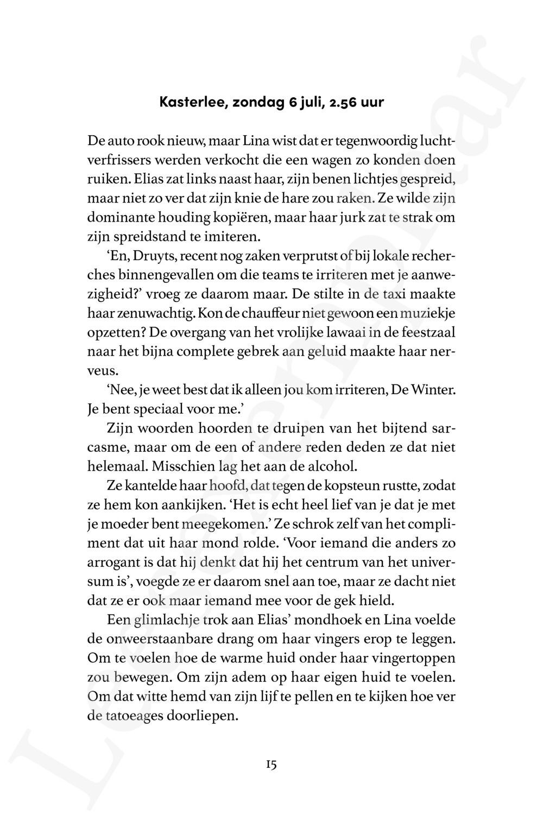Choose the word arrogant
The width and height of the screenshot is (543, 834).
(112, 563)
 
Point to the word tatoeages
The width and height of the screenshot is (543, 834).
(136, 716)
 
